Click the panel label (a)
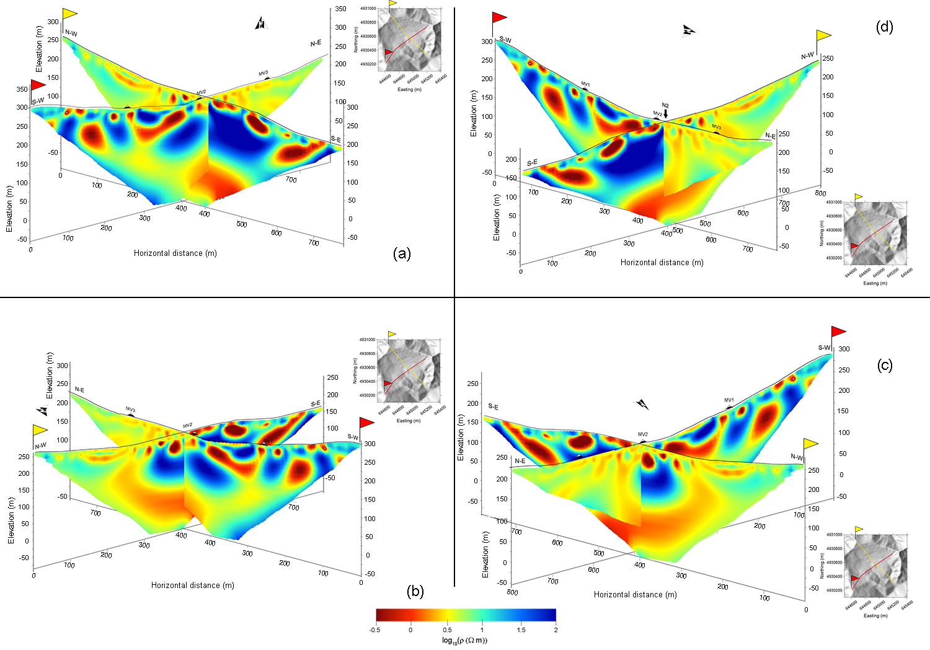(x=402, y=253)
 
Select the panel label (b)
(x=415, y=592)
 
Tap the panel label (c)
(x=885, y=366)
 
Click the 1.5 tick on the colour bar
(x=521, y=630)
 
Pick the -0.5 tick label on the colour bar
(x=374, y=630)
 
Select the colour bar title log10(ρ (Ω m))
(x=464, y=640)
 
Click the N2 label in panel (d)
(x=665, y=105)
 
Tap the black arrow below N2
(x=665, y=114)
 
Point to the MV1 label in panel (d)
(x=585, y=84)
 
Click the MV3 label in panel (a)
(x=263, y=73)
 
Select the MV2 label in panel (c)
(x=643, y=434)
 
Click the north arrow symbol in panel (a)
(x=261, y=24)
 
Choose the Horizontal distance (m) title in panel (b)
(x=193, y=585)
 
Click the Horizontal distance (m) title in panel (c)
(x=635, y=594)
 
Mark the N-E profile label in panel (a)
(x=316, y=43)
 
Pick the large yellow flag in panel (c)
(x=810, y=444)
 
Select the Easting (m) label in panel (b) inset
(x=404, y=421)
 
